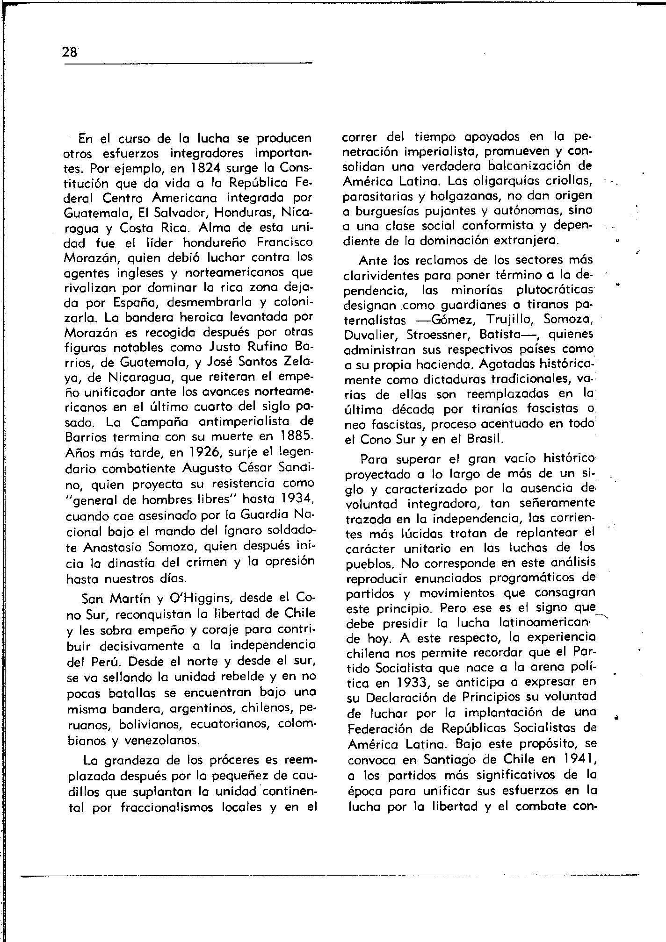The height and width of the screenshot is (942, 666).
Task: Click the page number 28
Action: click(x=70, y=52)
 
